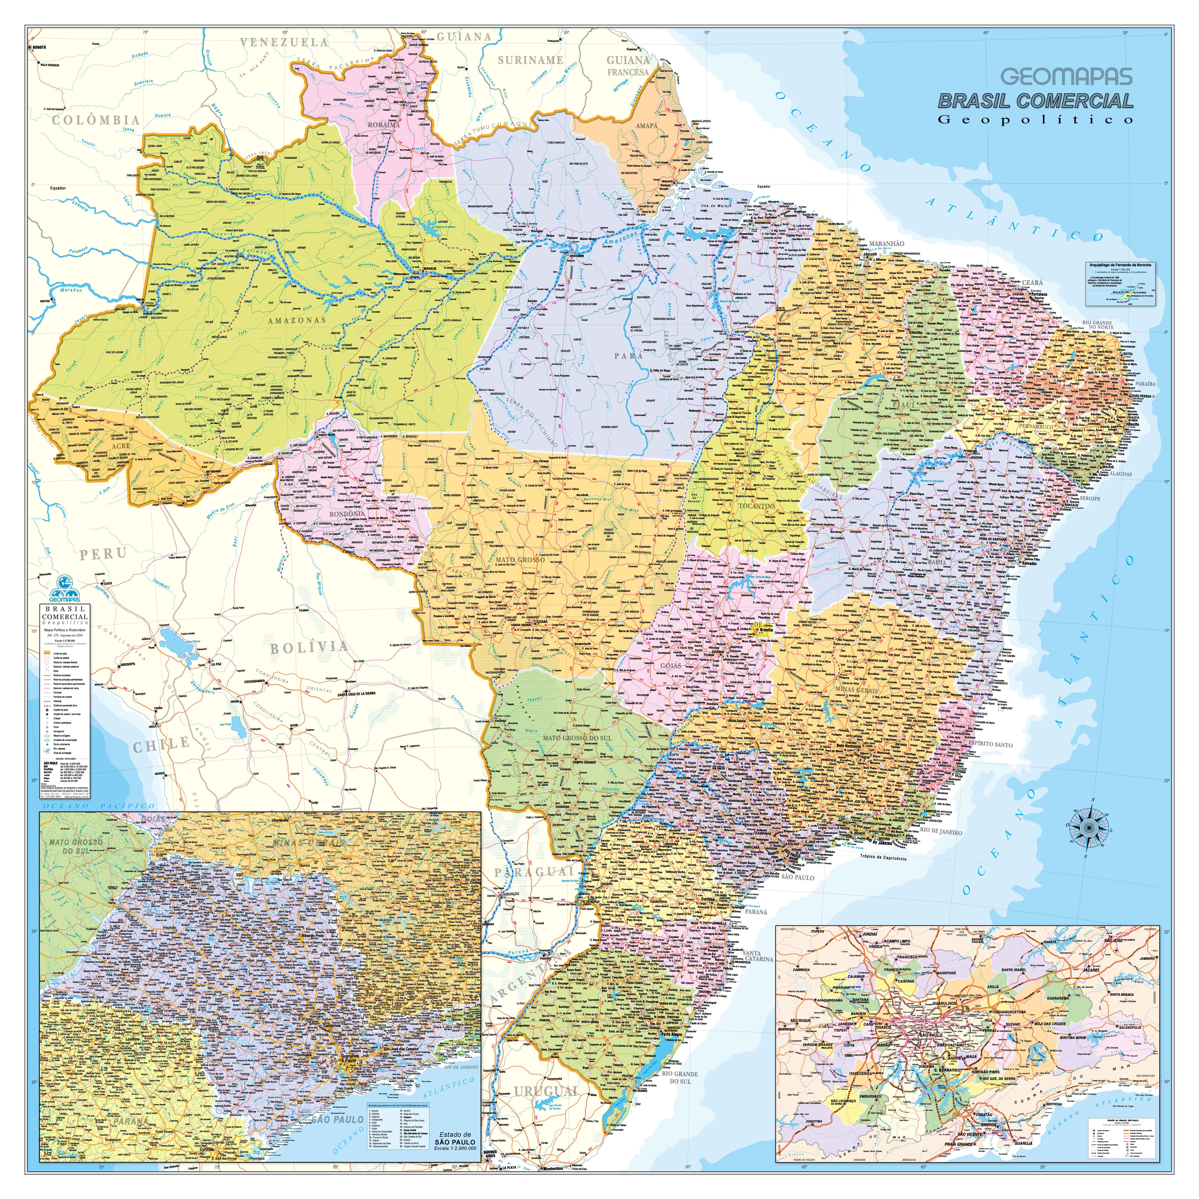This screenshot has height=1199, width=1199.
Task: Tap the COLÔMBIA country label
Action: (95, 120)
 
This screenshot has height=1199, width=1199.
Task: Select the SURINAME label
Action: (530, 60)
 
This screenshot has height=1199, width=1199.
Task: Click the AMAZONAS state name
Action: (297, 320)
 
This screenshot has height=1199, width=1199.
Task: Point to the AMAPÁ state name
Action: (647, 125)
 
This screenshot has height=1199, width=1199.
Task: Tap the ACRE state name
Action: (122, 446)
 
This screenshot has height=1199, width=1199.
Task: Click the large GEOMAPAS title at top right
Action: (1066, 77)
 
